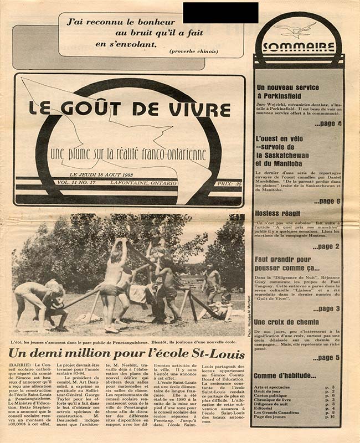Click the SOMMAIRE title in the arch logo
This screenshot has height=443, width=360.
coord(299,47)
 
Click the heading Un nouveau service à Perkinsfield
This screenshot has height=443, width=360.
coord(288,92)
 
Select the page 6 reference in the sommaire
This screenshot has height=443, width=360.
coord(327,201)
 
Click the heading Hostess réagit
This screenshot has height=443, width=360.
coord(277,213)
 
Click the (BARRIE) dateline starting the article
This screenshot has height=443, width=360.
coord(20,366)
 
